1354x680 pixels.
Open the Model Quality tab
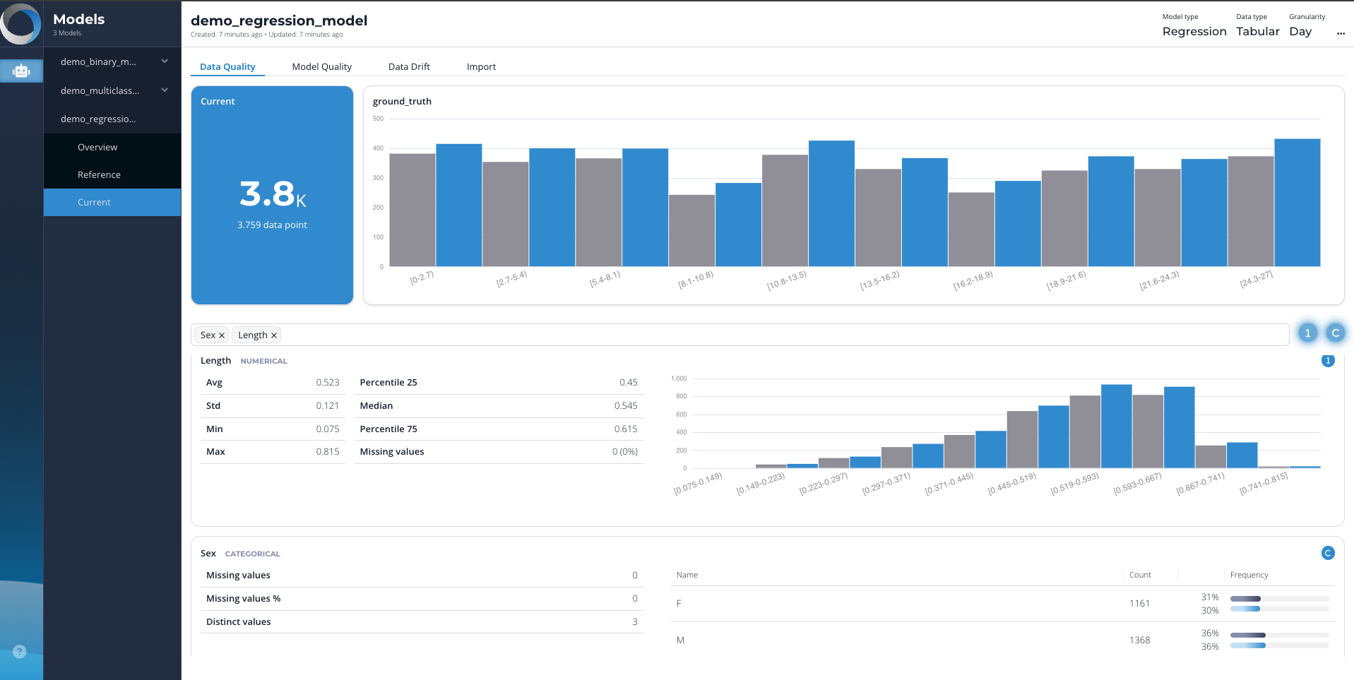[x=321, y=66]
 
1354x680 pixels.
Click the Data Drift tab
[x=409, y=66]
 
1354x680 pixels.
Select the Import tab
[x=481, y=66]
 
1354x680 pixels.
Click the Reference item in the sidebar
[x=99, y=174]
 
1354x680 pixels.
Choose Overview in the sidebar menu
[x=97, y=147]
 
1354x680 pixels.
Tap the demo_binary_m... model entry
[x=98, y=61]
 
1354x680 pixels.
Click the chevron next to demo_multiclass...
[x=165, y=90]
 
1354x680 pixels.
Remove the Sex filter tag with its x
[x=222, y=335]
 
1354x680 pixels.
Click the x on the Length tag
[x=274, y=335]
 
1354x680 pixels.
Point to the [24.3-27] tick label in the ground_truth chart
[x=1256, y=279]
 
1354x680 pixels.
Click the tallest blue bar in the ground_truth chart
[x=1297, y=203]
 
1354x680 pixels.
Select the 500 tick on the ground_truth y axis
[x=378, y=119]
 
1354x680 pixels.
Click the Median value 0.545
[x=625, y=405]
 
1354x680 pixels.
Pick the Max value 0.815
[x=327, y=451]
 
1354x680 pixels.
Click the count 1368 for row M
[x=1139, y=640]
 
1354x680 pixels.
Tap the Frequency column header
[x=1249, y=575]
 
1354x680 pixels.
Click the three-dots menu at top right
[x=1341, y=32]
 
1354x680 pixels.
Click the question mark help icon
[x=20, y=651]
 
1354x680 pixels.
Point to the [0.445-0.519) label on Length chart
[x=1012, y=484]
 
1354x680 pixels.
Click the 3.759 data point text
[x=272, y=225]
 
